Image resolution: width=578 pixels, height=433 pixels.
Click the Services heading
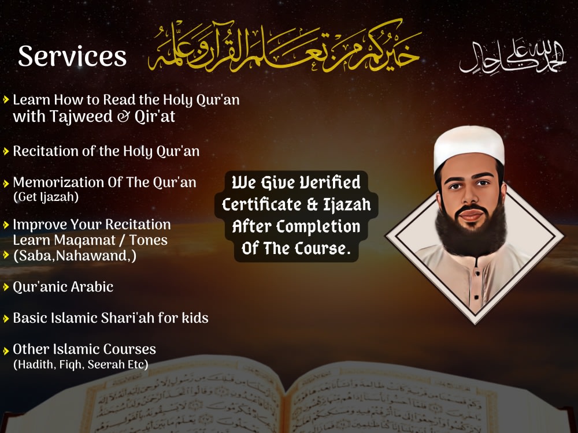[x=72, y=56]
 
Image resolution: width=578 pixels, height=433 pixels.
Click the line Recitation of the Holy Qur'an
[x=106, y=151]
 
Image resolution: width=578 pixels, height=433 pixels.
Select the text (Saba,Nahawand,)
[x=75, y=255]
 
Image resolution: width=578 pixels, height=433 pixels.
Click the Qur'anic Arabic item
[x=63, y=287]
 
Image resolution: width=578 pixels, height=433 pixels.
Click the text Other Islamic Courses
[x=84, y=349]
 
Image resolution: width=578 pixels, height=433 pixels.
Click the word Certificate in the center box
[x=262, y=205]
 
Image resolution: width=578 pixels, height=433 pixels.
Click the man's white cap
[x=469, y=144]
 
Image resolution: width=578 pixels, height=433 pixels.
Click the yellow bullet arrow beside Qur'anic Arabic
[x=6, y=287]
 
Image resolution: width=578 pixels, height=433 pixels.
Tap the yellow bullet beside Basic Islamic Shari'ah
[x=6, y=318]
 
